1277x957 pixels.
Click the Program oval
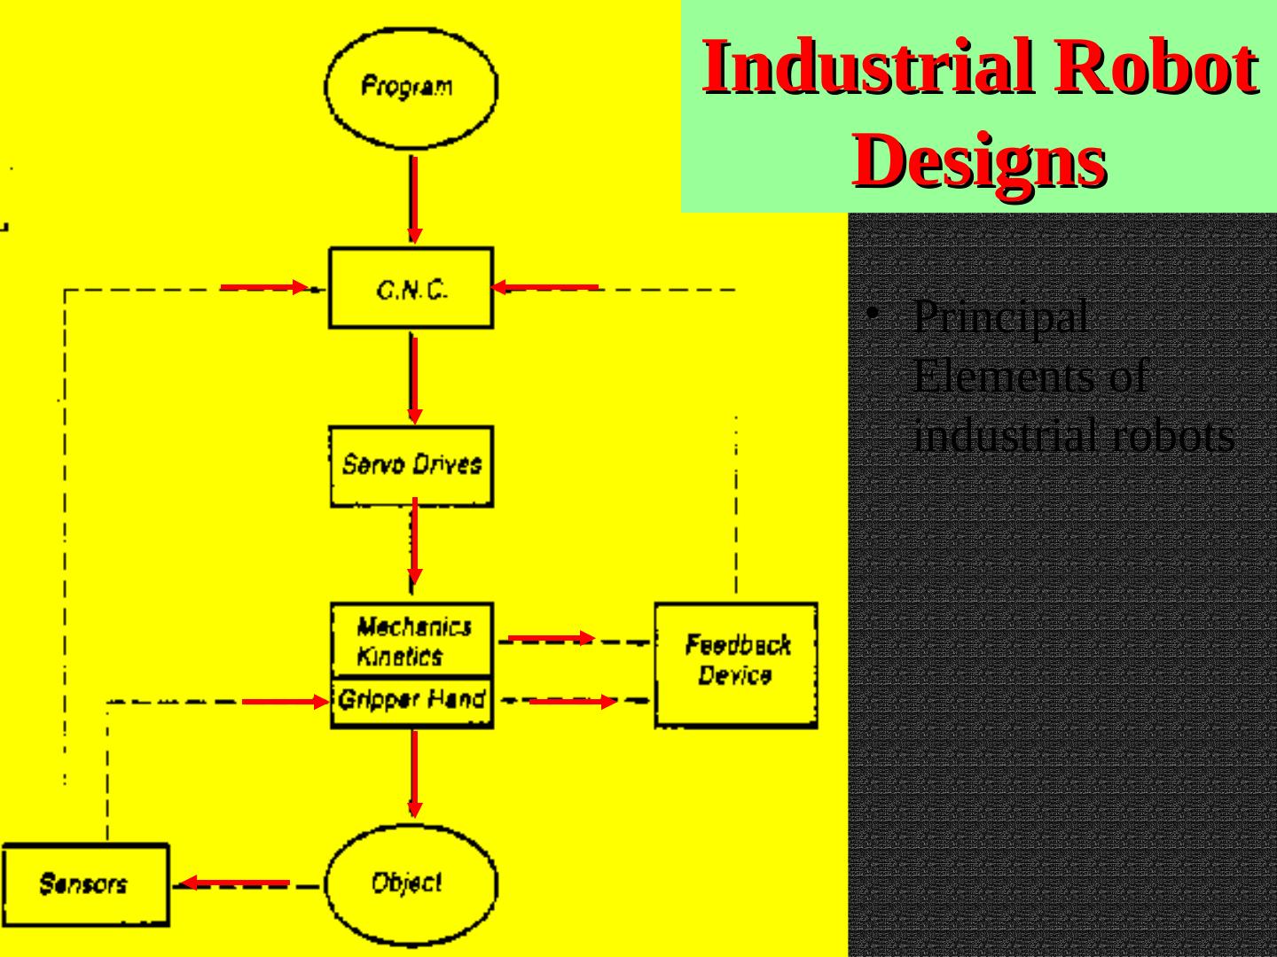click(411, 87)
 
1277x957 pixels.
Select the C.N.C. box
click(411, 288)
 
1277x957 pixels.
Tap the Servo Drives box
click(411, 466)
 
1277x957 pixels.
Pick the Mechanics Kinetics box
click(411, 641)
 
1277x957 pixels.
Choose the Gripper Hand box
click(411, 701)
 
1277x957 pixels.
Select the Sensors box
click(84, 884)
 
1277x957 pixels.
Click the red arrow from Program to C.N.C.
click(414, 200)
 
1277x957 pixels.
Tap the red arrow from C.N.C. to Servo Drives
click(414, 379)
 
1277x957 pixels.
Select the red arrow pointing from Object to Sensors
click(235, 883)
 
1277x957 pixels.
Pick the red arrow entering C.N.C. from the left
click(264, 287)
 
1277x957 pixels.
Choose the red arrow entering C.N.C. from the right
click(544, 287)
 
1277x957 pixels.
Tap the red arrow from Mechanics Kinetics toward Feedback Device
click(551, 638)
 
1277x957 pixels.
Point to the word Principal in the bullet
click(1000, 317)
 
